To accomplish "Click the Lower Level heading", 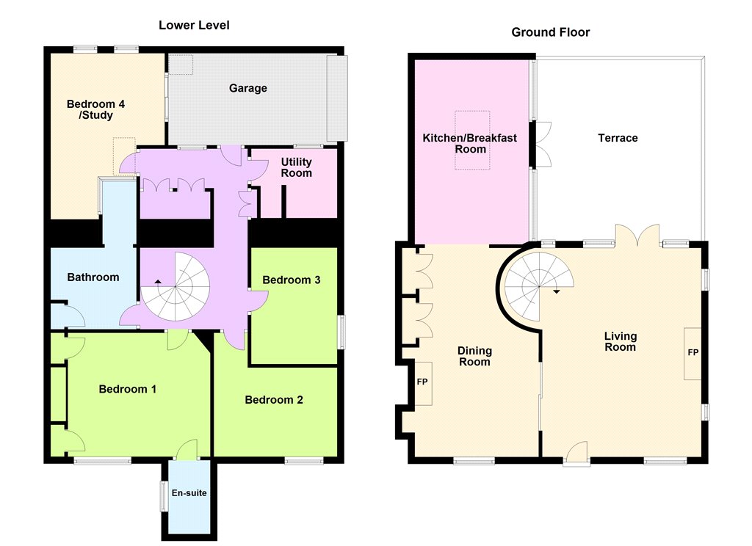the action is tap(194, 26).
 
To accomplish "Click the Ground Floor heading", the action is tap(551, 32).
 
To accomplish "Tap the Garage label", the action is tap(248, 88).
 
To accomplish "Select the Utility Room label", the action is tap(297, 167).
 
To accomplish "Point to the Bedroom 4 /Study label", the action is tap(96, 109).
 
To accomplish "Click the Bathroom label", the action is tap(93, 277).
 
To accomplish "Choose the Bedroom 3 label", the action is tap(291, 280).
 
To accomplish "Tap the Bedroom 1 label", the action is tap(128, 389).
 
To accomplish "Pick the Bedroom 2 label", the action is tap(274, 400).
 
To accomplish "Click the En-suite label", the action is tap(189, 492).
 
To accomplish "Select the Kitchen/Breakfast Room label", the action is tap(470, 143).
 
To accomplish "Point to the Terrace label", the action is tap(618, 138).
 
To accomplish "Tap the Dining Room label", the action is tap(475, 356).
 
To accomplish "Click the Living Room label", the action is tap(620, 341).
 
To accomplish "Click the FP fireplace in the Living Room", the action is tap(692, 354).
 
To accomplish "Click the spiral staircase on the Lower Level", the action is tap(175, 287).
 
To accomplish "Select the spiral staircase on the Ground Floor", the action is tap(539, 287).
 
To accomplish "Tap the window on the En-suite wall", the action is tap(164, 495).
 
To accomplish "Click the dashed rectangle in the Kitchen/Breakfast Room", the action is tap(472, 140).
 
